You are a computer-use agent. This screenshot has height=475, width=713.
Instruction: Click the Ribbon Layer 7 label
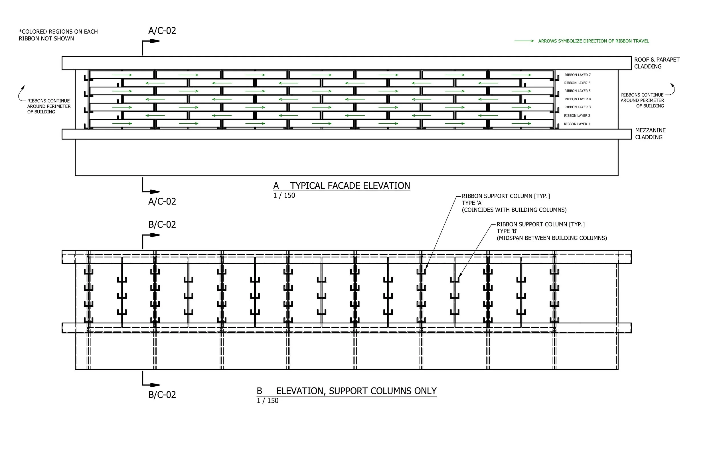tap(577, 75)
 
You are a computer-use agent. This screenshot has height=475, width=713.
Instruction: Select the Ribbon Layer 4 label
tap(577, 99)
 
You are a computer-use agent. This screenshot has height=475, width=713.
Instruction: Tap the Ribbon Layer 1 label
tap(577, 124)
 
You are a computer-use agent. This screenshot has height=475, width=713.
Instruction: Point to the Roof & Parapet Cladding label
tap(657, 63)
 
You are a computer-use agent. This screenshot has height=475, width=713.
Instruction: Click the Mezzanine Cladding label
tap(650, 134)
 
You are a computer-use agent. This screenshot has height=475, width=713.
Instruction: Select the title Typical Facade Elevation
tap(350, 186)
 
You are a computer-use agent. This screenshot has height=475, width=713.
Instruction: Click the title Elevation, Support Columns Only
tap(356, 391)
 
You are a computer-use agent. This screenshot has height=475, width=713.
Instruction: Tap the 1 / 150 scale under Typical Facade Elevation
tap(284, 195)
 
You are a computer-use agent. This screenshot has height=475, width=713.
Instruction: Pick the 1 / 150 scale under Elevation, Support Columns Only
tap(268, 401)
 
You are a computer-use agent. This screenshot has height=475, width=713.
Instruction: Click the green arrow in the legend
tap(524, 41)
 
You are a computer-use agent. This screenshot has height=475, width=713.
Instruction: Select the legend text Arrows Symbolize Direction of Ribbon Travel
tap(593, 41)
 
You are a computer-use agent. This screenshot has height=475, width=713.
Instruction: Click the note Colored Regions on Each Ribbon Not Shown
tap(58, 35)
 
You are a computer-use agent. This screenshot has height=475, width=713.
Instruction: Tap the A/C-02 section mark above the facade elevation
tap(162, 31)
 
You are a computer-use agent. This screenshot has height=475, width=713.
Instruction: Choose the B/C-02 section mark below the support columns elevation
tap(162, 395)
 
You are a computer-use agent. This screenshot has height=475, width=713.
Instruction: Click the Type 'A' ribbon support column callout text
tap(514, 203)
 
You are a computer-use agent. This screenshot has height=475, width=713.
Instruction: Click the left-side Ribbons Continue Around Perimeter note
tap(49, 106)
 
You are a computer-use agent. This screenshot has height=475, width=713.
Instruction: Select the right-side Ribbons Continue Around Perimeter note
tap(642, 100)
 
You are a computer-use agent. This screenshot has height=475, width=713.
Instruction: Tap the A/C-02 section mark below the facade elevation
tap(162, 201)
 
